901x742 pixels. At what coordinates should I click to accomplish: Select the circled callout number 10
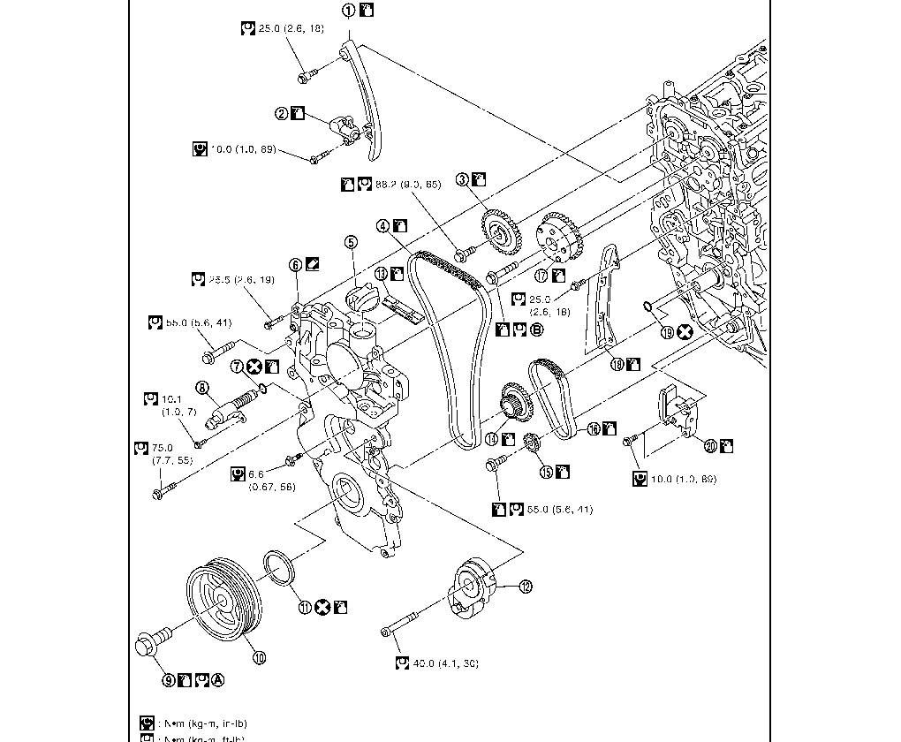[x=259, y=656]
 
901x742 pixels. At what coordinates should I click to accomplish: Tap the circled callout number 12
[x=525, y=586]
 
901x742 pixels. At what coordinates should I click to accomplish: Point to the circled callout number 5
[x=351, y=241]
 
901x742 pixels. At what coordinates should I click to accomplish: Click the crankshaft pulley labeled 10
[x=220, y=595]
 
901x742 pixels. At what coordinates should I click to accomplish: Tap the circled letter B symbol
[x=536, y=329]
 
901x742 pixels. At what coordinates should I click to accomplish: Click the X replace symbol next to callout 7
[x=254, y=366]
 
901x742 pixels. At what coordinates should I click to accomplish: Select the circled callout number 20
[x=710, y=445]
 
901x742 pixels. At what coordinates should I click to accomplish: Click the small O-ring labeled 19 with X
[x=648, y=307]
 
